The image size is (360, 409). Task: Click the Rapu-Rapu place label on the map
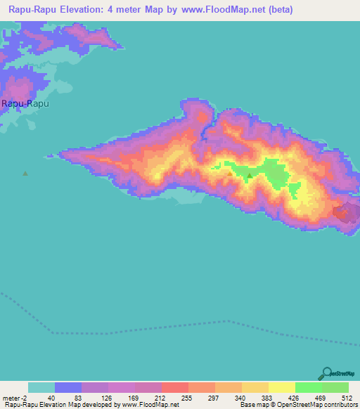tap(25, 103)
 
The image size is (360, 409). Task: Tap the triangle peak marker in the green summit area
tap(249, 175)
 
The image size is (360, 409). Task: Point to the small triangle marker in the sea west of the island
tap(26, 174)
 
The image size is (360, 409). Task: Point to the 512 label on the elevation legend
tap(347, 397)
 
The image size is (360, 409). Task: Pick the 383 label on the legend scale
tap(268, 397)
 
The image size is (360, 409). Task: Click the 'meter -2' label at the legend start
tap(15, 397)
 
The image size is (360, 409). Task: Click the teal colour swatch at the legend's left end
tap(41, 387)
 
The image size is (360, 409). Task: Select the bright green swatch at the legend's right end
tap(335, 387)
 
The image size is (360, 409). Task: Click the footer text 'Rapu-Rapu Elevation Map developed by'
tap(60, 405)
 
